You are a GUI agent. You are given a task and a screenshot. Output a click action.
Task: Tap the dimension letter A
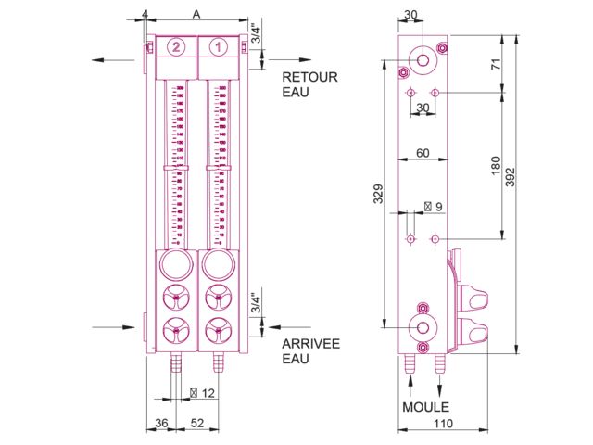pyautogui.click(x=196, y=15)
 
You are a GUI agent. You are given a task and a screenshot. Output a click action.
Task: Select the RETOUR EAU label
pyautogui.click(x=309, y=84)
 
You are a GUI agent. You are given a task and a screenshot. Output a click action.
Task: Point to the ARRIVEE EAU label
pyautogui.click(x=310, y=350)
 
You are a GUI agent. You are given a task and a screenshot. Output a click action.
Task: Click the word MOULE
pyautogui.click(x=425, y=407)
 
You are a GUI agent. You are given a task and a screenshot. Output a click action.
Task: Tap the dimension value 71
pyautogui.click(x=497, y=64)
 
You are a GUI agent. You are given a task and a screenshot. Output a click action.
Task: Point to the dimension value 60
pyautogui.click(x=423, y=153)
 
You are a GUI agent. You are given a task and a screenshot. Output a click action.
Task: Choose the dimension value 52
pyautogui.click(x=197, y=424)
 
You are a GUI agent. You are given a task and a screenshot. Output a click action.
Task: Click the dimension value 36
pyautogui.click(x=159, y=424)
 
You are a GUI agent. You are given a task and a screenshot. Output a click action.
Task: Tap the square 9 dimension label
pyautogui.click(x=433, y=206)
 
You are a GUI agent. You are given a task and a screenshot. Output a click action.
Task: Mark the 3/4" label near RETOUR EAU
pyautogui.click(x=256, y=33)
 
